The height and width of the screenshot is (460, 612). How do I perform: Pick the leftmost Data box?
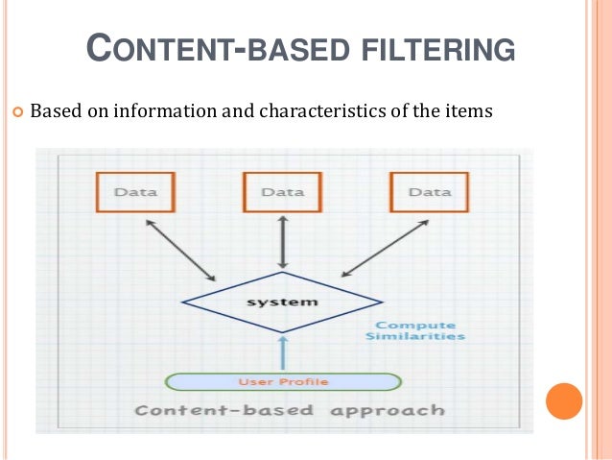136,192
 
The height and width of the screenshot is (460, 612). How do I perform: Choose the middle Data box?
282,192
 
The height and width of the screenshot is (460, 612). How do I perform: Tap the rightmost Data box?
429,192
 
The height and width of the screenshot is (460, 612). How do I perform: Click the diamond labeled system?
281,303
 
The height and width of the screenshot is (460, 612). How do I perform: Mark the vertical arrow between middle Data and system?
281,242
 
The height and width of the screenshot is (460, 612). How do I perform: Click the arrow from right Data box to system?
383,248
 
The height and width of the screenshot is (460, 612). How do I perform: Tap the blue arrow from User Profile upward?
282,352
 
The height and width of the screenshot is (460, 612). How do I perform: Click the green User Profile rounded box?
282,381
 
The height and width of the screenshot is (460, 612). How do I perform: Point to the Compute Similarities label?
415,331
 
